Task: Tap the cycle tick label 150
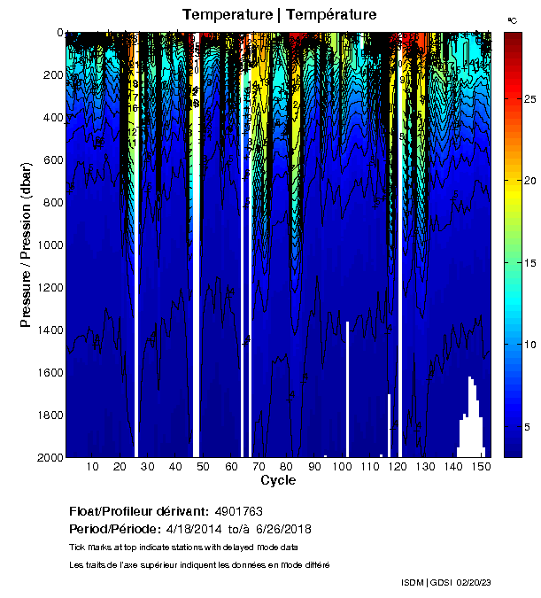480,467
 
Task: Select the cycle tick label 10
92,467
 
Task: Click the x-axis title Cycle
278,480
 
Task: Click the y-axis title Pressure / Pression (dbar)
27,245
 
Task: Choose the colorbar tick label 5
528,427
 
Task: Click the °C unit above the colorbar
512,19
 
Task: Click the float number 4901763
238,512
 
